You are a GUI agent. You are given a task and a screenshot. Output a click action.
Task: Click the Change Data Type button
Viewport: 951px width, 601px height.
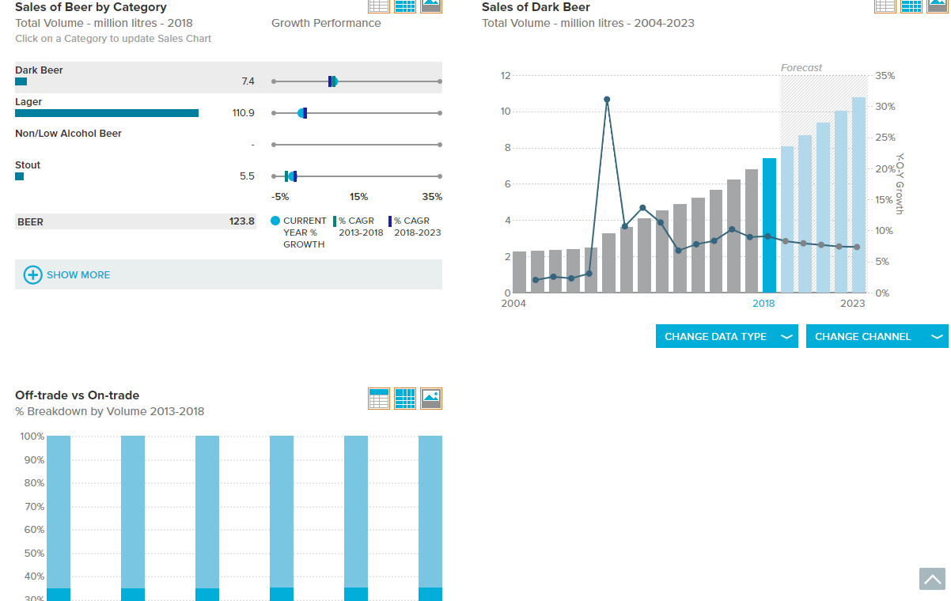click(x=726, y=336)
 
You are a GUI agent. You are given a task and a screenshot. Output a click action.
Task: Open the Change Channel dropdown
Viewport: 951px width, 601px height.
click(x=877, y=336)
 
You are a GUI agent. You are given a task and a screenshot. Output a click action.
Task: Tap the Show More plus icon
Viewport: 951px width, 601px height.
click(x=32, y=274)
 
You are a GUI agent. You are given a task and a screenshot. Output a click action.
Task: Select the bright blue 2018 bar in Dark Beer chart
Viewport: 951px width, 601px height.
click(x=769, y=225)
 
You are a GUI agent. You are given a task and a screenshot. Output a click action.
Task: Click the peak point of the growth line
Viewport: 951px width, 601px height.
click(x=607, y=100)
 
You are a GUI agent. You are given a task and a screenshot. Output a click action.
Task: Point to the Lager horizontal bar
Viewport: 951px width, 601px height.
click(x=107, y=113)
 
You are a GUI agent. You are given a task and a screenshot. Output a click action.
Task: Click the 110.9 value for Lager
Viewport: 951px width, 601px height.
click(x=243, y=113)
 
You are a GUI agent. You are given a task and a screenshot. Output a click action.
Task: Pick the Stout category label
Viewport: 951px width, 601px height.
click(x=28, y=164)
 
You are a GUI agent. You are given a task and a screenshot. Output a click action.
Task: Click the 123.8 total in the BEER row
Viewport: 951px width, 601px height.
click(x=241, y=221)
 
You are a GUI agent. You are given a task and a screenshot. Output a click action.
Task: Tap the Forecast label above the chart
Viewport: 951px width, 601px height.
click(x=801, y=67)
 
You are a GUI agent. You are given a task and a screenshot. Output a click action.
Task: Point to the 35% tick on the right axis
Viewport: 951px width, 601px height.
click(x=885, y=76)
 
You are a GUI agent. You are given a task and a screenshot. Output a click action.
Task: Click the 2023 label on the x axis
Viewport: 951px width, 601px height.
click(x=852, y=304)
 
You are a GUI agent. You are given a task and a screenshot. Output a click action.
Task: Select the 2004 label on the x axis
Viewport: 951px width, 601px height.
click(x=513, y=304)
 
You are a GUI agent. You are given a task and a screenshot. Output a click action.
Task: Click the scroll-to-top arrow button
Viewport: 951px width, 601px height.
click(x=932, y=579)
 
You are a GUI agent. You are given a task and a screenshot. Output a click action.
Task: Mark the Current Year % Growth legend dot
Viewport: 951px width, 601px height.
click(x=275, y=221)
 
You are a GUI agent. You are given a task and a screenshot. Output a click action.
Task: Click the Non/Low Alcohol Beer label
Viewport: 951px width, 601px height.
click(x=68, y=134)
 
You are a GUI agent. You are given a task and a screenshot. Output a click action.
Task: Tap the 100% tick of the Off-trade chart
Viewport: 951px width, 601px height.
click(x=32, y=437)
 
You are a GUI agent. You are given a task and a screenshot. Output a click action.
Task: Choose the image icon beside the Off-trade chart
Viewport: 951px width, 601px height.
click(x=431, y=398)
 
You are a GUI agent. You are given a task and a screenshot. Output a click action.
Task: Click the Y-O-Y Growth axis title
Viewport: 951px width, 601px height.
click(x=900, y=183)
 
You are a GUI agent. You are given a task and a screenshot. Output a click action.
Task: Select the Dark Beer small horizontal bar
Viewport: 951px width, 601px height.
click(x=21, y=81)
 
